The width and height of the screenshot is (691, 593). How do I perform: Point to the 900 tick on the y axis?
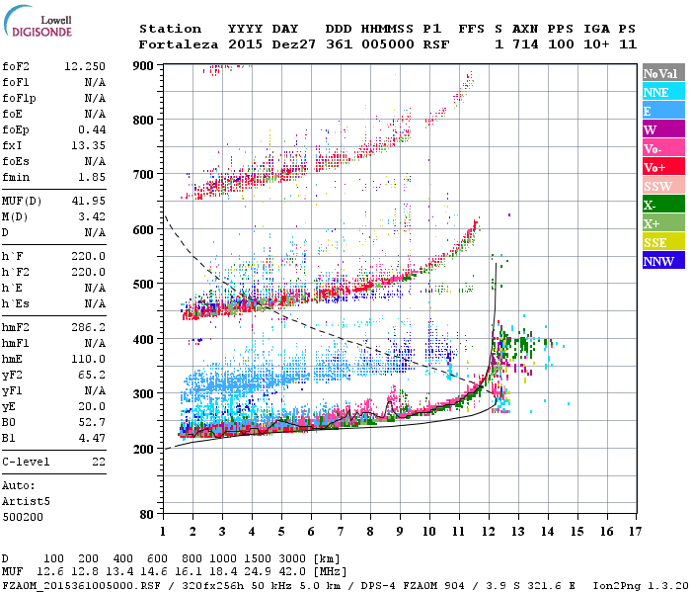click(144, 65)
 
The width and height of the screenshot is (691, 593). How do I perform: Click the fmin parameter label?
click(17, 177)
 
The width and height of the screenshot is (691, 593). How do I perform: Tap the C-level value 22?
click(98, 463)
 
